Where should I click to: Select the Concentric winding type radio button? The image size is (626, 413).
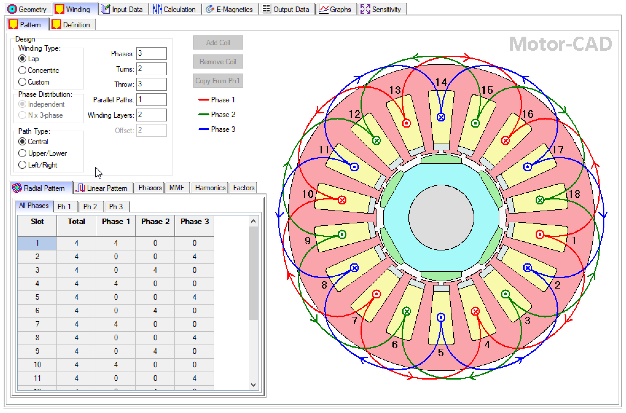click(23, 70)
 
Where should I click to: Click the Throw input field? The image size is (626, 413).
click(151, 84)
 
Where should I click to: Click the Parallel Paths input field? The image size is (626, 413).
click(151, 100)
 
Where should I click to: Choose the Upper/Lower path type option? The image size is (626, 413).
click(23, 153)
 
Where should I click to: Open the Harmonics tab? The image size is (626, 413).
click(210, 188)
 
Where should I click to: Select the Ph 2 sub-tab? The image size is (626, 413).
click(90, 207)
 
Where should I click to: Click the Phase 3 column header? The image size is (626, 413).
click(194, 222)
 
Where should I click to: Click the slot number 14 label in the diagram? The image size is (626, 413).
click(441, 82)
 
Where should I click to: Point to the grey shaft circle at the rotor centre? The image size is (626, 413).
click(441, 218)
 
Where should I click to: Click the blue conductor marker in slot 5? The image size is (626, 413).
click(441, 317)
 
